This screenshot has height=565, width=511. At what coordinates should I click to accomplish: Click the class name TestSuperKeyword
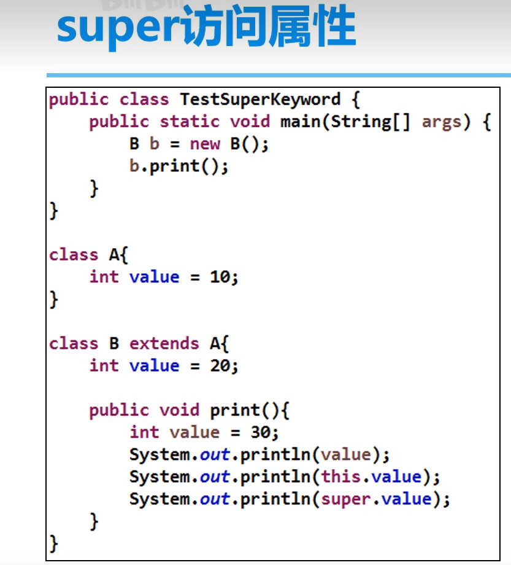click(x=259, y=99)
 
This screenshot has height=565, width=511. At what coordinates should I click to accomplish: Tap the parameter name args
click(x=441, y=122)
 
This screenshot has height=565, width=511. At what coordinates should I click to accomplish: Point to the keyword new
click(x=205, y=144)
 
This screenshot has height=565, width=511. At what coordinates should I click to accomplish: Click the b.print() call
click(x=179, y=166)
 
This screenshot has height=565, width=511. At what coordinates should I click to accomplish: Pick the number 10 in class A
click(x=220, y=277)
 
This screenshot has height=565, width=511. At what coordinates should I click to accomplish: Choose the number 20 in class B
click(x=220, y=366)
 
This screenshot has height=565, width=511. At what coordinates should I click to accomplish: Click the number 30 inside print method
click(x=261, y=432)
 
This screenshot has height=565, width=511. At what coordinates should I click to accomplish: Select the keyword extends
click(x=164, y=344)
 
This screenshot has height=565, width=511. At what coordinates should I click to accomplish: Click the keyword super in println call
click(x=347, y=499)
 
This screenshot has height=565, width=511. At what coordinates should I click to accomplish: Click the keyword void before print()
click(x=180, y=410)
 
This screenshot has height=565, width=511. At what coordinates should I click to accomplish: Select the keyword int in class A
click(x=104, y=277)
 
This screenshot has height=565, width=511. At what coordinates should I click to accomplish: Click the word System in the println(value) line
click(x=159, y=454)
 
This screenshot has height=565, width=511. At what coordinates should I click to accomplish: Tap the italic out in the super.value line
click(x=215, y=499)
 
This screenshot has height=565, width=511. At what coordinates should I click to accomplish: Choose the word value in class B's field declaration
click(x=154, y=366)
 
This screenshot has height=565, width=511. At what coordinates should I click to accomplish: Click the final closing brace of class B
click(x=54, y=543)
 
